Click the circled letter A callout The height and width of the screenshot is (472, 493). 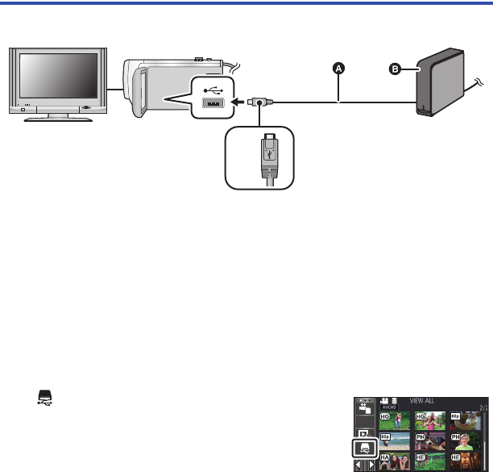[339, 69]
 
